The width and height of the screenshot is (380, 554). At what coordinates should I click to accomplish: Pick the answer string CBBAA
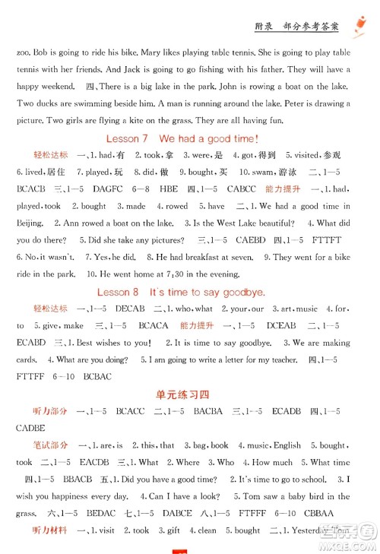[319, 513]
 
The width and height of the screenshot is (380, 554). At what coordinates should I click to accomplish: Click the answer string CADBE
[30, 428]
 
